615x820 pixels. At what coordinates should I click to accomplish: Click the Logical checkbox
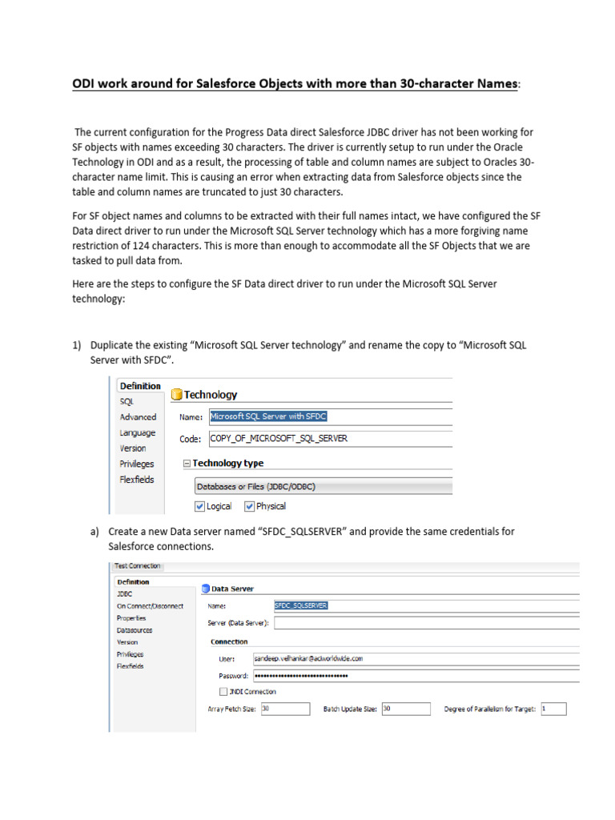200,506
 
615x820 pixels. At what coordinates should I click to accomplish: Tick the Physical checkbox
249,506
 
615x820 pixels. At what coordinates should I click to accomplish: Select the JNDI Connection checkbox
223,691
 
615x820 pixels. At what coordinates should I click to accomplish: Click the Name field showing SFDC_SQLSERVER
424,606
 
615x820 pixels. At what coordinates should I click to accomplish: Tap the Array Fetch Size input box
284,709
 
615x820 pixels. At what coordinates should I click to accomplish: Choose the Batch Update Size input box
405,709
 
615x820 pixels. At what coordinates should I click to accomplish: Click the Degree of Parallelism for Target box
553,709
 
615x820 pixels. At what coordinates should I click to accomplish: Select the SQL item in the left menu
127,401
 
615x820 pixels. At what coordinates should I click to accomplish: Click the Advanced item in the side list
138,417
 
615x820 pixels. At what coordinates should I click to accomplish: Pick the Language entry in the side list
138,432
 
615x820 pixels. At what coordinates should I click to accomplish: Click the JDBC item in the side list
124,594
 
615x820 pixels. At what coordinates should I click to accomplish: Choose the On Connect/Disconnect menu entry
150,606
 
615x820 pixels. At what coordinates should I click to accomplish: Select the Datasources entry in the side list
135,630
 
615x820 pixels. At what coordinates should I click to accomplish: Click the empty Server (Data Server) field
424,623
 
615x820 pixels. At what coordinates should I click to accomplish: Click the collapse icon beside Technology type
187,464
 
